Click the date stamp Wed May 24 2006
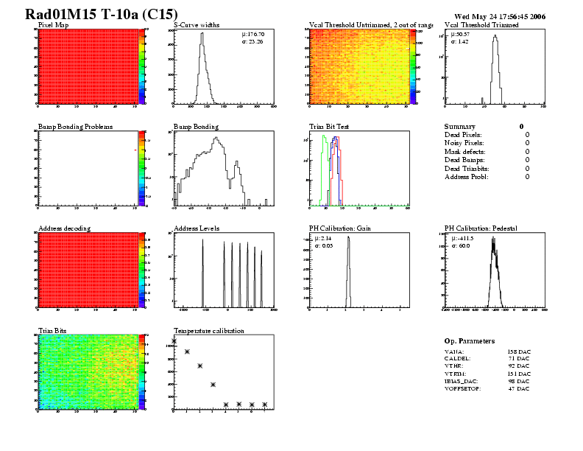click(500, 15)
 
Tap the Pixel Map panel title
click(54, 25)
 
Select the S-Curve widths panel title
click(195, 25)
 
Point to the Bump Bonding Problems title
click(75, 127)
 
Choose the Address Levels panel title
click(197, 228)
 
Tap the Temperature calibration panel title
click(209, 331)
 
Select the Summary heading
click(460, 127)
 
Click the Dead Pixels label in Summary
click(463, 135)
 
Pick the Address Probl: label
click(467, 177)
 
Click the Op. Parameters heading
click(470, 341)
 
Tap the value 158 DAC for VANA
click(519, 352)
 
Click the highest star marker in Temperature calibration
click(174, 340)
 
